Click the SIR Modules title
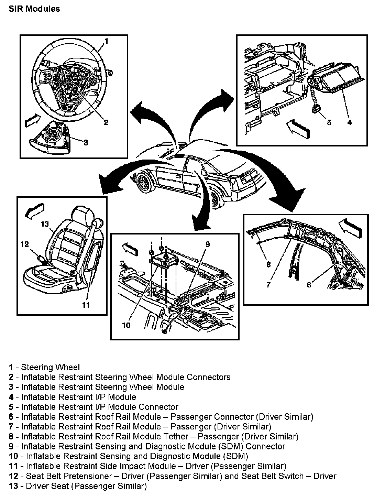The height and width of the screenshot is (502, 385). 34,9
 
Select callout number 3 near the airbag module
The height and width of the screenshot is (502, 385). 85,142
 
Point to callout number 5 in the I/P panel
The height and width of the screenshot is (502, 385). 329,122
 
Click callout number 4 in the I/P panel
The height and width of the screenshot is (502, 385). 349,122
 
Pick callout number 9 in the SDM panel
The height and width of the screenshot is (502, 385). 208,244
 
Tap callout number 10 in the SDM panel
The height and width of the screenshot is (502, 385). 126,325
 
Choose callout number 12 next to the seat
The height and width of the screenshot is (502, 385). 24,244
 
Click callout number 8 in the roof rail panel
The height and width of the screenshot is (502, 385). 268,264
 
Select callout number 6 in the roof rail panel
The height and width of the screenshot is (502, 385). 309,284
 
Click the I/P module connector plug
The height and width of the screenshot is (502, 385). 315,109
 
